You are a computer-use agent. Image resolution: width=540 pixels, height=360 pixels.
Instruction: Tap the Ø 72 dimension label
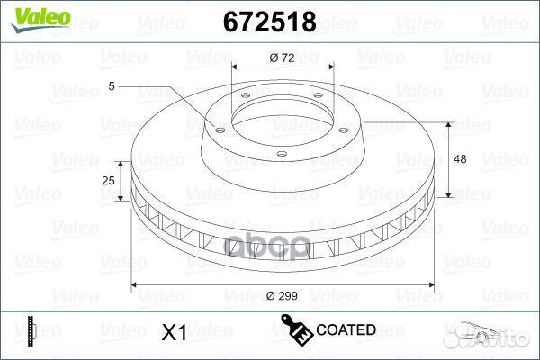pos(281,58)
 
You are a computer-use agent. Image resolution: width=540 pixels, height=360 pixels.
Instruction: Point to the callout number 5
pos(111,86)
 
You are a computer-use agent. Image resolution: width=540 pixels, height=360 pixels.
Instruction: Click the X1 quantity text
pos(173,333)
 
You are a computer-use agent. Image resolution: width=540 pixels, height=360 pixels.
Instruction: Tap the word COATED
pos(346,330)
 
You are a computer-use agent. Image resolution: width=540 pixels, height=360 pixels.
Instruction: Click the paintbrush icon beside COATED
pos(298,330)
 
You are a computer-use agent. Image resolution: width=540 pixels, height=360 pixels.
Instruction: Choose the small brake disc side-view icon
pos(31,331)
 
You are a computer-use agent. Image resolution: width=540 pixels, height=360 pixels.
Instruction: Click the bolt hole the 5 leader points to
pos(220,127)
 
